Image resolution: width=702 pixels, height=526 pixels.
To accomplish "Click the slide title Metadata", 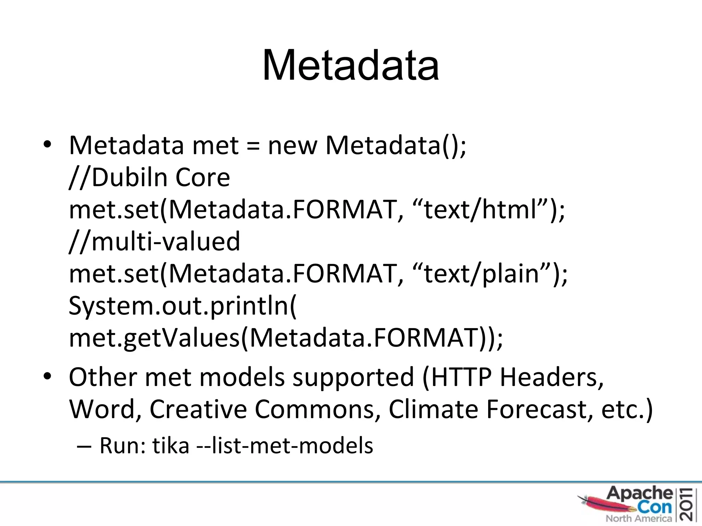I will click(x=350, y=65).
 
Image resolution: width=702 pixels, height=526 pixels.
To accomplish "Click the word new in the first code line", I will click(x=292, y=145).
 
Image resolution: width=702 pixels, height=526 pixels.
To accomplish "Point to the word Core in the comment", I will click(x=203, y=177).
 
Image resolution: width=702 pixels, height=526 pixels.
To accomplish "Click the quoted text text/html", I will click(x=480, y=209).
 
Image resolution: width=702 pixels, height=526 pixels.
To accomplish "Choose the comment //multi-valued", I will click(x=154, y=241).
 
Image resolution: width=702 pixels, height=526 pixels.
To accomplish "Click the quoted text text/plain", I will click(x=481, y=273).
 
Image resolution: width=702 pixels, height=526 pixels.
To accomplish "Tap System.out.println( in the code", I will click(x=182, y=305).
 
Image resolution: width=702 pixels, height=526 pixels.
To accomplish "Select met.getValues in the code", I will click(x=154, y=338).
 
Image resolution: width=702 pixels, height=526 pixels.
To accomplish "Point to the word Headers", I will click(x=552, y=377).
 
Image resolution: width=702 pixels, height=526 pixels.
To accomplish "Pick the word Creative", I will click(x=198, y=409).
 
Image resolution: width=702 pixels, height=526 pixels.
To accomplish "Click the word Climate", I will click(x=433, y=409).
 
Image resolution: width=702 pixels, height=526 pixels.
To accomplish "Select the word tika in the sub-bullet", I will click(x=171, y=446).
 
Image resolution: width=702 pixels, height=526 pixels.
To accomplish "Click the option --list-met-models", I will click(x=285, y=446).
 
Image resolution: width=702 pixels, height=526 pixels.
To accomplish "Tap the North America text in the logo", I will click(x=638, y=518).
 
